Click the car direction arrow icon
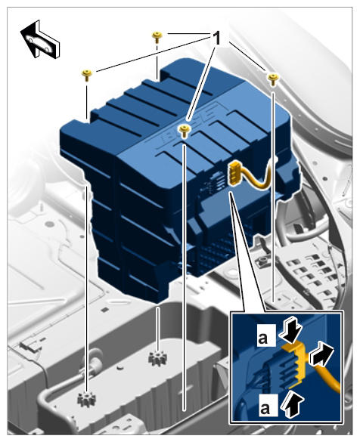pos(39,39)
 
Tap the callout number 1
pos(216,38)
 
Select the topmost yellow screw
pos(157,37)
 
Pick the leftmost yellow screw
pos(87,76)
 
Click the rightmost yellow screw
pos(272,79)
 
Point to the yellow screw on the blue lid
pos(185,131)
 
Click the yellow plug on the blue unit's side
pos(234,174)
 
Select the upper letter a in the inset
pos(265,335)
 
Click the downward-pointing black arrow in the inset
pos(291,332)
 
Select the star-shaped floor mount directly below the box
pos(157,359)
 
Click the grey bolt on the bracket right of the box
pos(261,261)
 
